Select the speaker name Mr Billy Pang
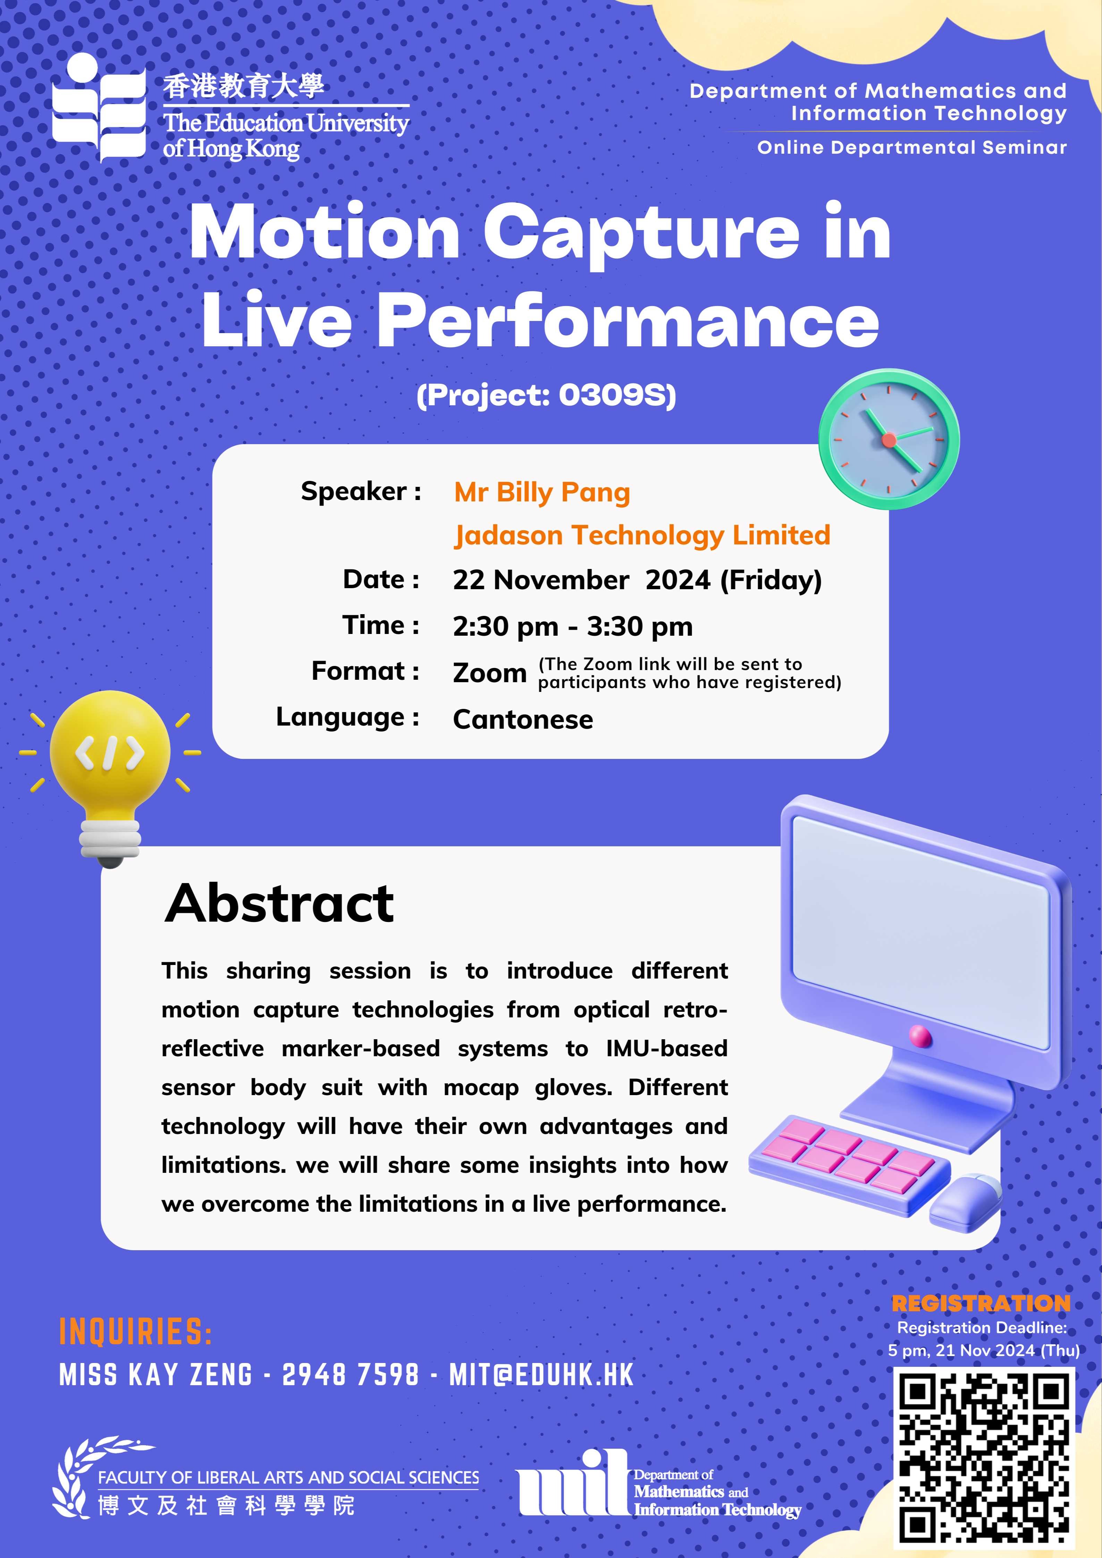(542, 493)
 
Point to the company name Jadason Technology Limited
(642, 535)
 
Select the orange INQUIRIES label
(136, 1331)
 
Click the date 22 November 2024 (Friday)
(637, 580)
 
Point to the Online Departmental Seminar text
(912, 147)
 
